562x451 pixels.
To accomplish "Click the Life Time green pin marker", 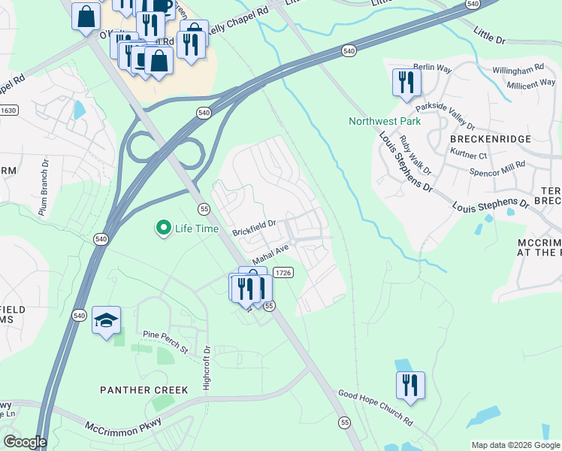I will (x=162, y=227).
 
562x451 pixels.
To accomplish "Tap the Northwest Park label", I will (x=384, y=121).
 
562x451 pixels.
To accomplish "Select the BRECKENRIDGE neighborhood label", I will (x=491, y=140).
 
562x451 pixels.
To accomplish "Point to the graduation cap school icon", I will (x=107, y=320).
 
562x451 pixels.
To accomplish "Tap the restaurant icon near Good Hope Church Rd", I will (x=410, y=385).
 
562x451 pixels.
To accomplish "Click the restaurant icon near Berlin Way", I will (x=406, y=82).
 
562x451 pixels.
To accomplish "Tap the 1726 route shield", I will (x=283, y=273).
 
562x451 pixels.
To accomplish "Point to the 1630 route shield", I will (x=8, y=110).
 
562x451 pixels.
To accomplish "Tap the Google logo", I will (x=25, y=442).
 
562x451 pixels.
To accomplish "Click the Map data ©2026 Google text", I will (x=515, y=445).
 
